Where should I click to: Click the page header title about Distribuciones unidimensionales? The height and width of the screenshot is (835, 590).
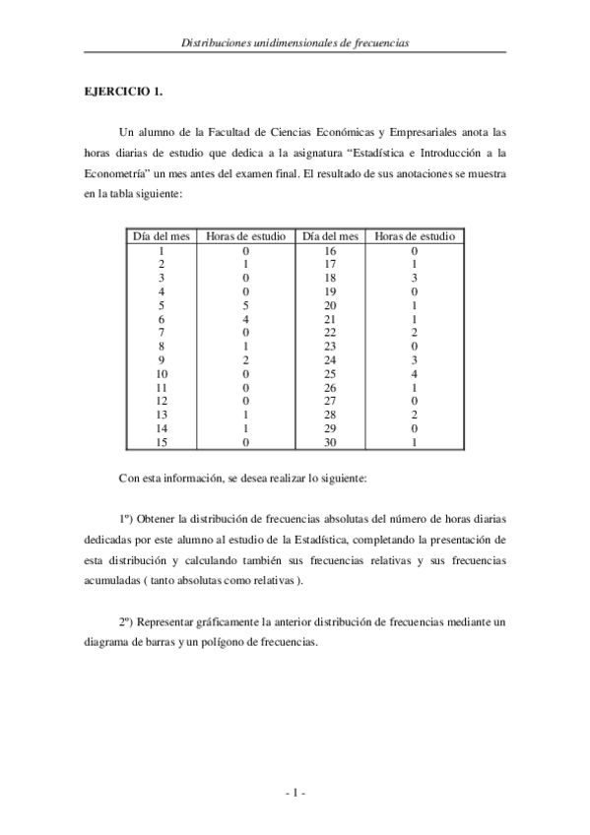tap(295, 43)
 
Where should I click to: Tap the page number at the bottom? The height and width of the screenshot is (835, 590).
tap(295, 792)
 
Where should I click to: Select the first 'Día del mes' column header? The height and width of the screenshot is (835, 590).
tap(161, 237)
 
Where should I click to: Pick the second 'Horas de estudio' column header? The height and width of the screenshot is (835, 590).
tap(415, 237)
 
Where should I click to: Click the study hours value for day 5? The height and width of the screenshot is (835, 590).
tap(245, 305)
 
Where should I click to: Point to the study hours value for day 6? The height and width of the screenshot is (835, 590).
tap(245, 319)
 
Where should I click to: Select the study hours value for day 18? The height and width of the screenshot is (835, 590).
tap(415, 278)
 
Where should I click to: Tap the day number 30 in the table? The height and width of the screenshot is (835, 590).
tap(330, 442)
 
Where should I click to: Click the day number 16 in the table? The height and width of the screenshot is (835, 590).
tap(330, 251)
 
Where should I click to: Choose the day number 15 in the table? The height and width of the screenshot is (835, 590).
tap(161, 442)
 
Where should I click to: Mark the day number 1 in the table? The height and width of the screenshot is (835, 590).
tap(161, 251)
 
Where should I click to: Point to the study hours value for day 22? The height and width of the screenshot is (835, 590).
tap(415, 333)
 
